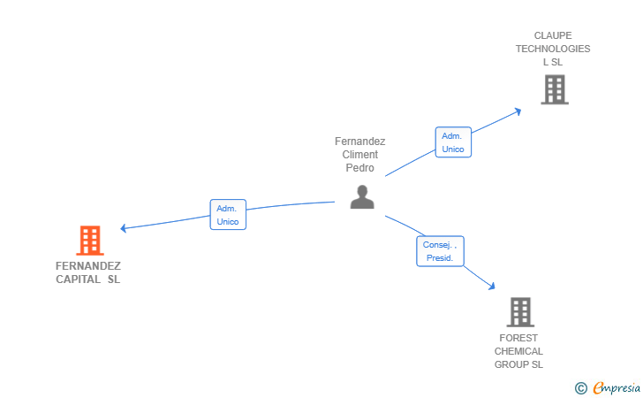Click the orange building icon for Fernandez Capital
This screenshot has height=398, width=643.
[90, 241]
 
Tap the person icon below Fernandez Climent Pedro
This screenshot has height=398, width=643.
[362, 196]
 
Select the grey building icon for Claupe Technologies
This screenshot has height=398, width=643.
[555, 89]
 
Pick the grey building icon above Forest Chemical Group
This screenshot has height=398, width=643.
[520, 312]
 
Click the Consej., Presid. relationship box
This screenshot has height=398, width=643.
[440, 251]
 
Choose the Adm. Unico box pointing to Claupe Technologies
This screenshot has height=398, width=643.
[453, 142]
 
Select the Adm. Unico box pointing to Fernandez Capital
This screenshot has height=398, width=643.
[228, 214]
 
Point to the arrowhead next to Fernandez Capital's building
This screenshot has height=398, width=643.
[123, 228]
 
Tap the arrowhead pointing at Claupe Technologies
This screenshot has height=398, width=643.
[518, 111]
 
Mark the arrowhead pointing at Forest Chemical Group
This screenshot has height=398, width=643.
[492, 287]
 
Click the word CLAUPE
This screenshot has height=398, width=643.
[553, 35]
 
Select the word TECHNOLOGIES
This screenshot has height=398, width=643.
[553, 49]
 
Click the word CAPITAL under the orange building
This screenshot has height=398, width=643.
[78, 279]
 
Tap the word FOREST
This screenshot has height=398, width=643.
[518, 338]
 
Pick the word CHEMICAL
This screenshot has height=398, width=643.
[518, 351]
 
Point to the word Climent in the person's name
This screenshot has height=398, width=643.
[360, 155]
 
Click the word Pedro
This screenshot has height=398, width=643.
[360, 167]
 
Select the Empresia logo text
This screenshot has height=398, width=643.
[617, 387]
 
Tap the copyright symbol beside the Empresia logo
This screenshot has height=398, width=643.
[581, 388]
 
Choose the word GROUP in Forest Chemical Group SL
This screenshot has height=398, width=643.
[509, 364]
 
